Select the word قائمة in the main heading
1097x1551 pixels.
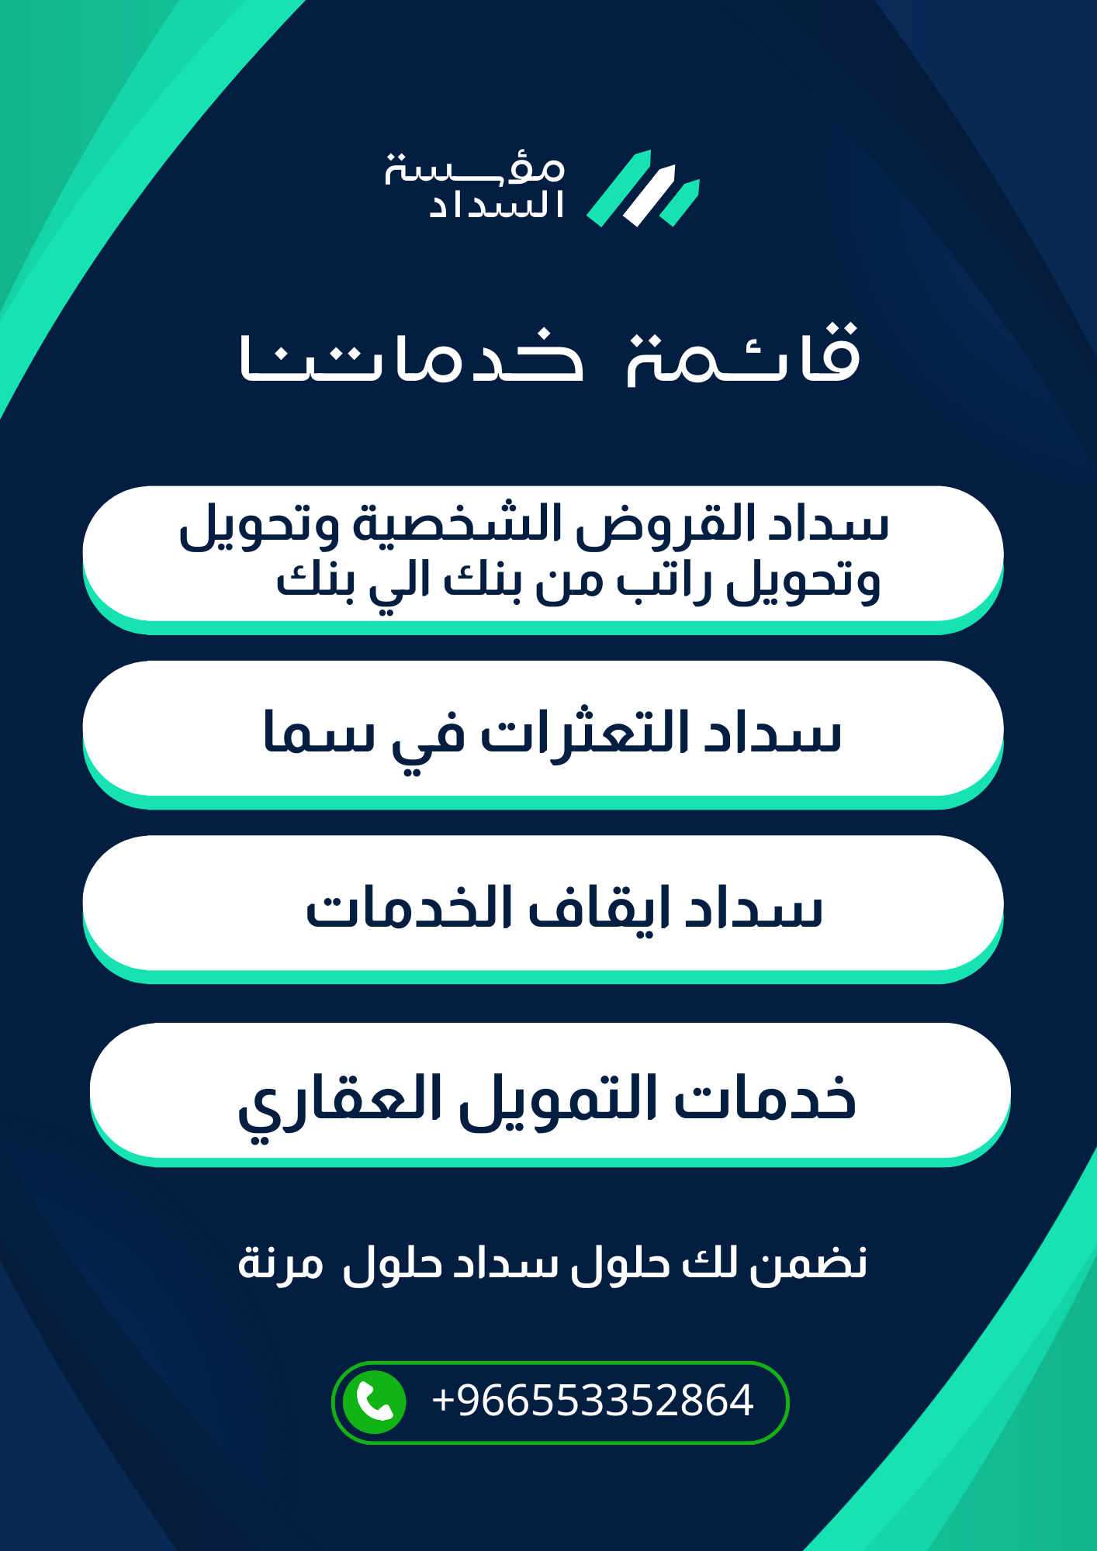[743, 355]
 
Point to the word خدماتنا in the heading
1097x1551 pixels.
[411, 358]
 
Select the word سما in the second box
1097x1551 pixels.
[319, 734]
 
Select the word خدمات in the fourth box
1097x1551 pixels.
[765, 1100]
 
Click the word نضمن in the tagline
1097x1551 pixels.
[808, 1264]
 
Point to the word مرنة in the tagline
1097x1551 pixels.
[280, 1264]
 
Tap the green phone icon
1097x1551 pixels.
[375, 1402]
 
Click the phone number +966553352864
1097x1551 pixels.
[592, 1401]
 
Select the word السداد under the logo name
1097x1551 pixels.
[497, 206]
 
